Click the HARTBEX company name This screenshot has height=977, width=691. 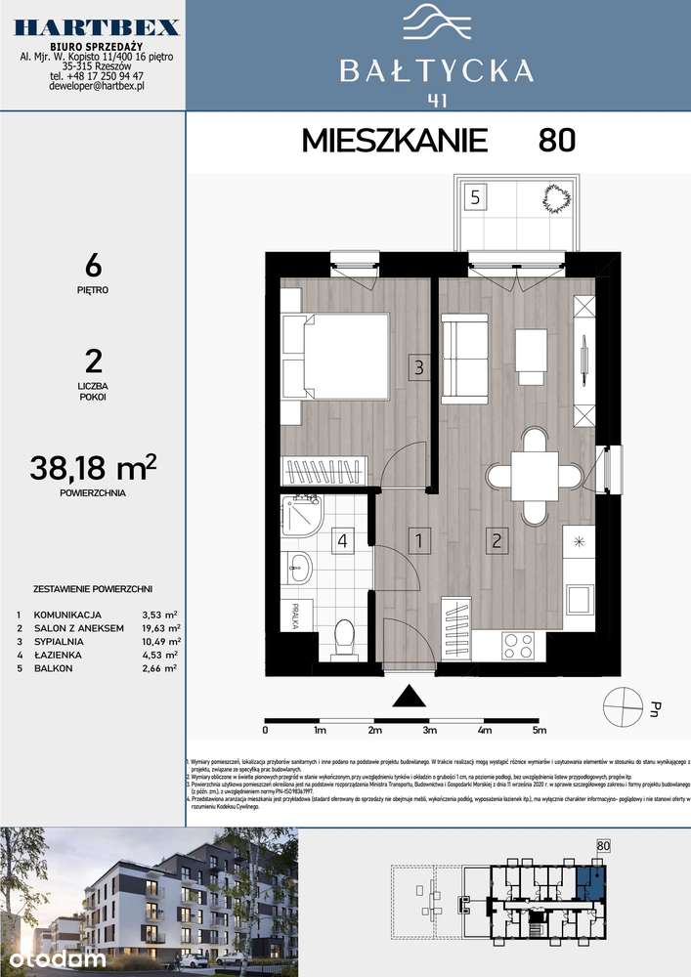point(96,26)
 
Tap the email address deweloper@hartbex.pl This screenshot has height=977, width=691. point(96,86)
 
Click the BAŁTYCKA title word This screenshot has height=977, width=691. point(437,70)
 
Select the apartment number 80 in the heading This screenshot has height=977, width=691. point(556,141)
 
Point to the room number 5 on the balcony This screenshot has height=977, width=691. point(474,196)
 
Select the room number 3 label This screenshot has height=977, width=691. point(418,368)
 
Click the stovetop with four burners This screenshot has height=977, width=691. point(517,645)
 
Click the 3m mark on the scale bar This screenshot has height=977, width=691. point(428,730)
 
